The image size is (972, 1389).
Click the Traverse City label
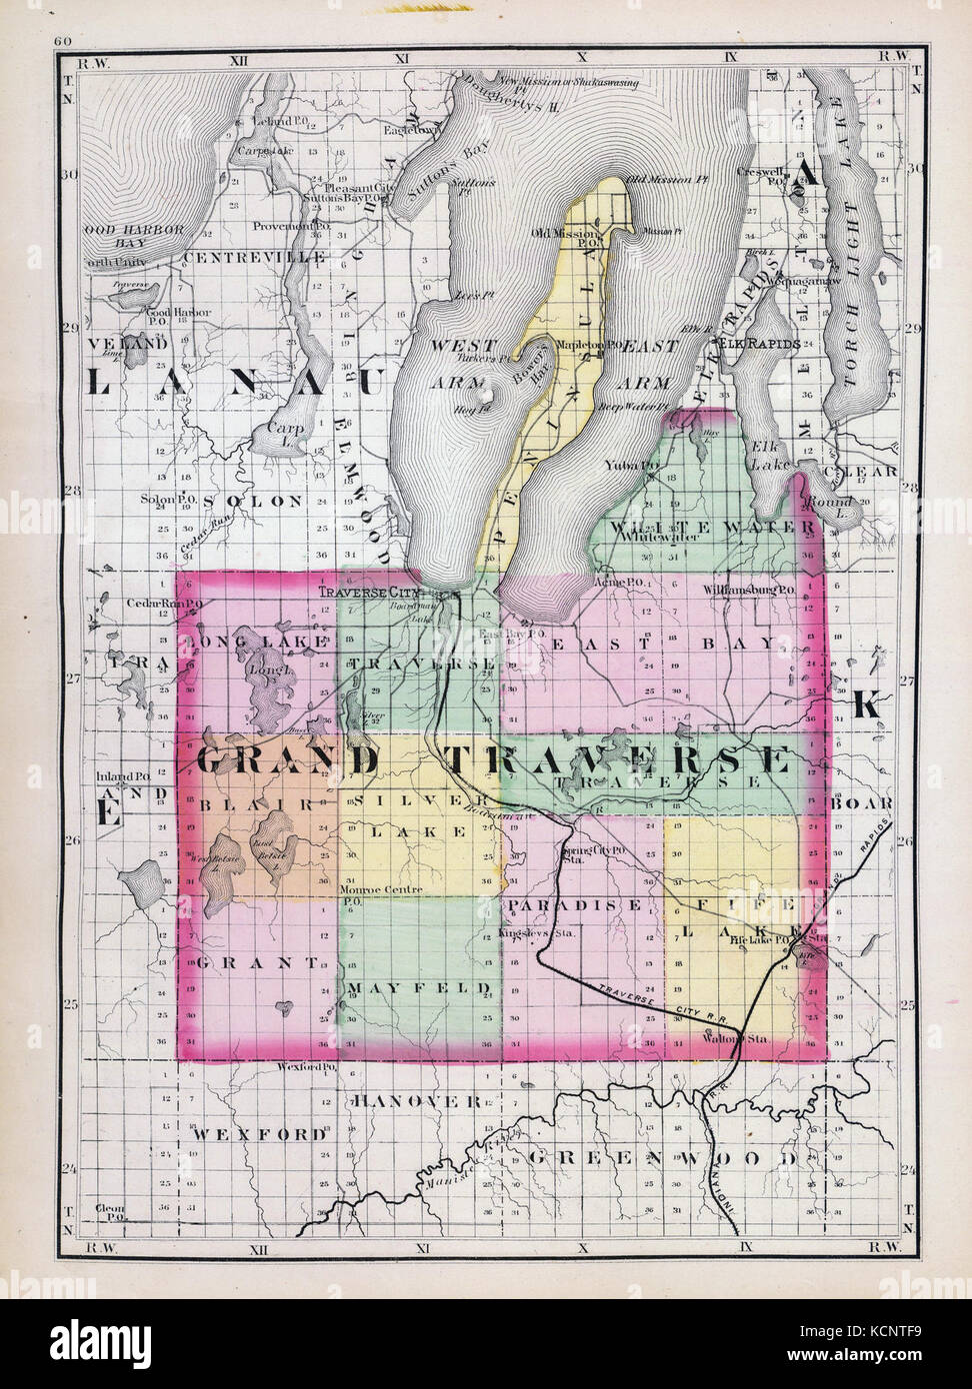point(359,591)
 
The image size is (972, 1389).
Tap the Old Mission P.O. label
point(566,235)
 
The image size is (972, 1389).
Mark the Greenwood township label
point(662,1158)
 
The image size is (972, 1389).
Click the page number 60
point(65,41)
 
